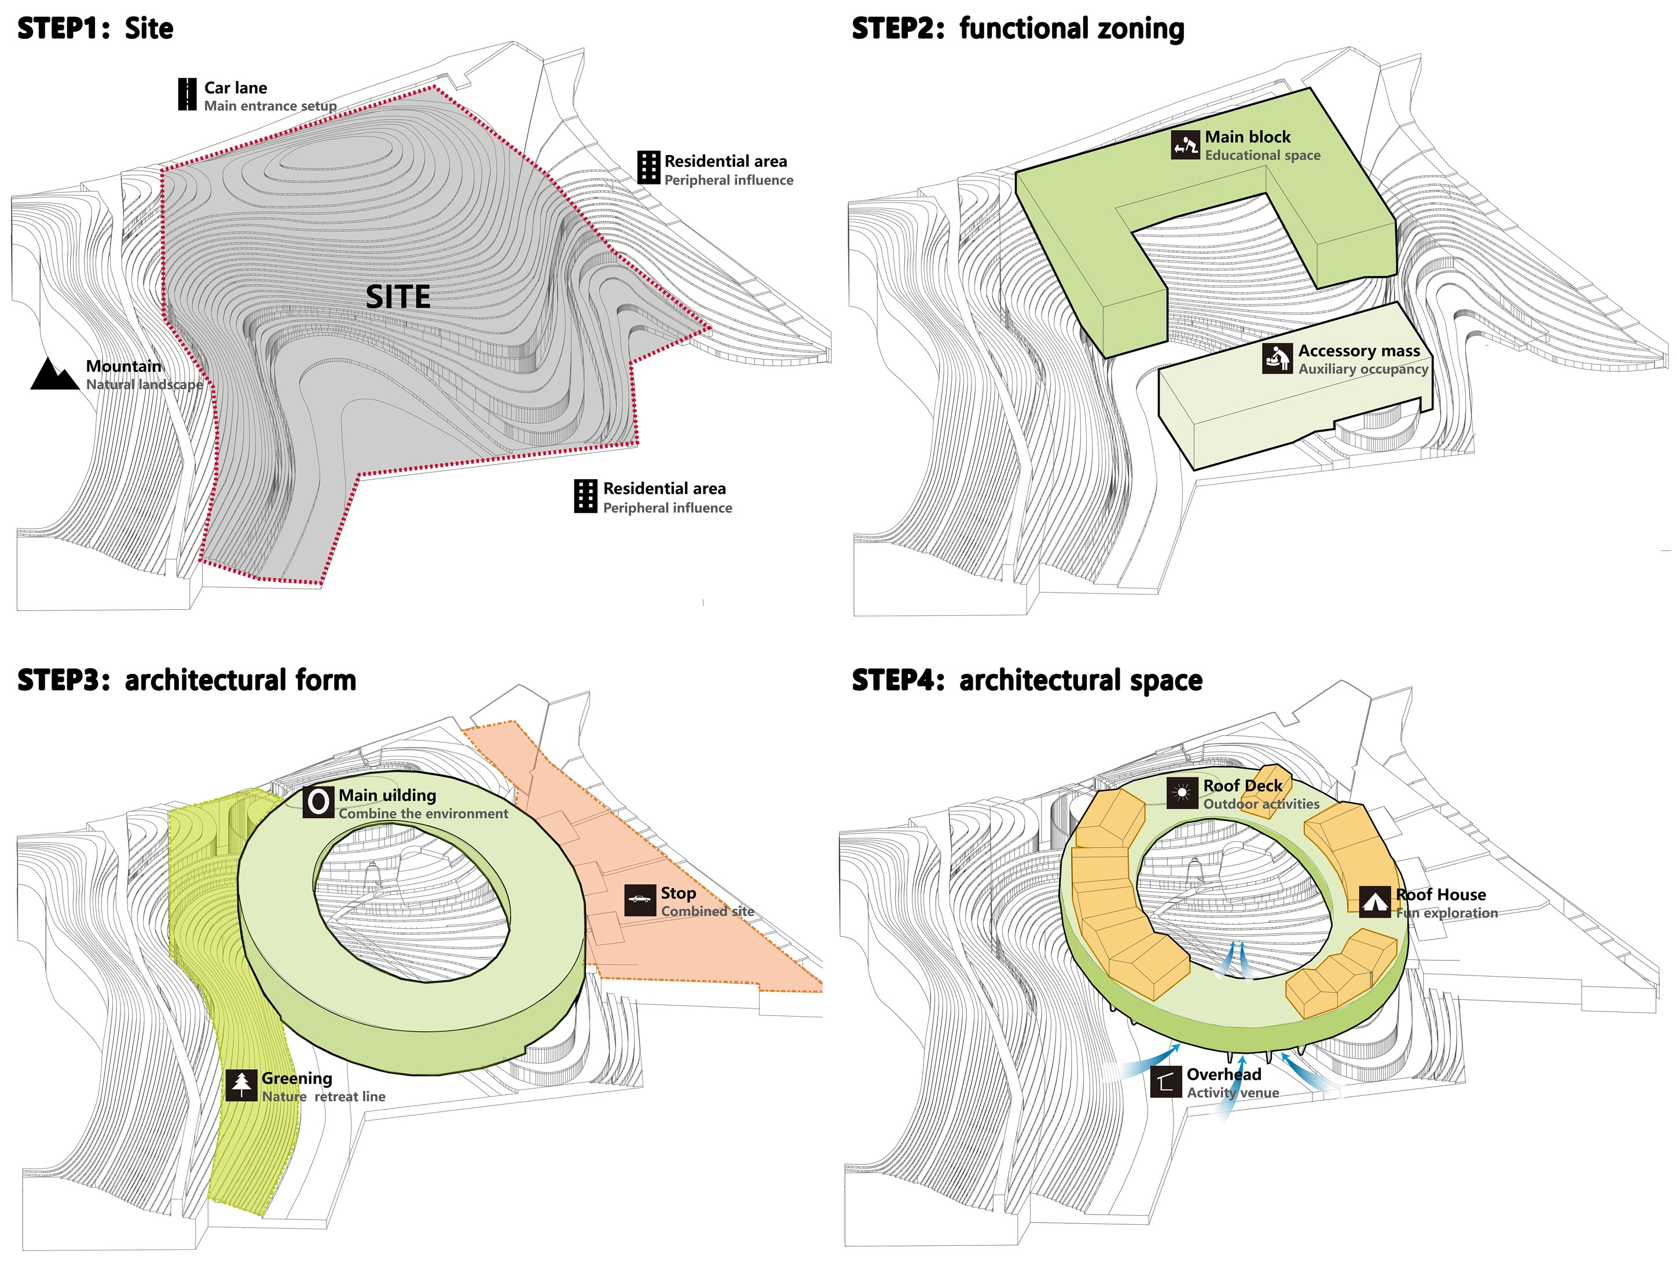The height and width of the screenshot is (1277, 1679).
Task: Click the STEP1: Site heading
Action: [95, 29]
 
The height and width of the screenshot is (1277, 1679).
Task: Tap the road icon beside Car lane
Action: [187, 95]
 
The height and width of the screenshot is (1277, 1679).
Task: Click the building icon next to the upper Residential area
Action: [648, 167]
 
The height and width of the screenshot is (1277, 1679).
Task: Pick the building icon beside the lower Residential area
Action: [585, 496]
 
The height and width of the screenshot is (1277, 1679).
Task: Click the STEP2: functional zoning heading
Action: [1017, 29]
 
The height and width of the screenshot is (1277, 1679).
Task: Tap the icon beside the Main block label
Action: [1185, 145]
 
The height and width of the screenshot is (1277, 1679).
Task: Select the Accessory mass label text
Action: [1358, 351]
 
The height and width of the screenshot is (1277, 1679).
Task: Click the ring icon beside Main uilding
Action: [318, 802]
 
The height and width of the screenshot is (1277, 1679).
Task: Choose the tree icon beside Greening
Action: [241, 1085]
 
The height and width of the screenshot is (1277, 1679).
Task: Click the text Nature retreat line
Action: [323, 1096]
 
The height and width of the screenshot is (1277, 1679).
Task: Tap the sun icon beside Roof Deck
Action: [1182, 793]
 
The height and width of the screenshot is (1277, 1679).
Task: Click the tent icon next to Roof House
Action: [1374, 902]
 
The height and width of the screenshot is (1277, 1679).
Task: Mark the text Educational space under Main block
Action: [1262, 155]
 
